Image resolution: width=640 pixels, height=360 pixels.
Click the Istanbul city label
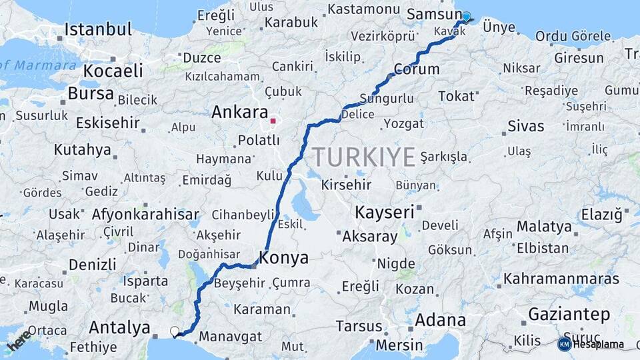coord(98,30)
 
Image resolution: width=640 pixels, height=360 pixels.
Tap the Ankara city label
coord(239,113)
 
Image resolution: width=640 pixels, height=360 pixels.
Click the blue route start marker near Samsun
coord(466,17)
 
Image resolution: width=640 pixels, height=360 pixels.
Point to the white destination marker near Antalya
coord(175,331)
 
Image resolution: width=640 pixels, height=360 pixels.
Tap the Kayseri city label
coord(384,213)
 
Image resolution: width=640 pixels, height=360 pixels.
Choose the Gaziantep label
coord(569,313)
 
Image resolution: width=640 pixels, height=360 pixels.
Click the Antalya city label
coord(119,328)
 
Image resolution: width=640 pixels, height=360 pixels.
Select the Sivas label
coord(525,126)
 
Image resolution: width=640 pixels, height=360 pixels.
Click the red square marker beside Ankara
coord(273,121)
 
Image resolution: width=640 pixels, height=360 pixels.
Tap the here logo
coord(19,341)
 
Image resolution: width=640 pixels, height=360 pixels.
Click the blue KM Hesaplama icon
coord(565,344)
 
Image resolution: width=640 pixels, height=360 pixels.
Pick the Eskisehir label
coord(107,123)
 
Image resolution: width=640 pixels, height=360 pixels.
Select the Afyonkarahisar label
coord(145,215)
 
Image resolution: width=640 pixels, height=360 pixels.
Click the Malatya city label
coord(544,227)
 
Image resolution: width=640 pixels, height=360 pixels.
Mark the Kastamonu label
coord(363,9)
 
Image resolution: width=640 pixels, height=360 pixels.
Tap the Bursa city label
coord(91,94)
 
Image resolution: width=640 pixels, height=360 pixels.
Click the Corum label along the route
coord(417,69)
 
